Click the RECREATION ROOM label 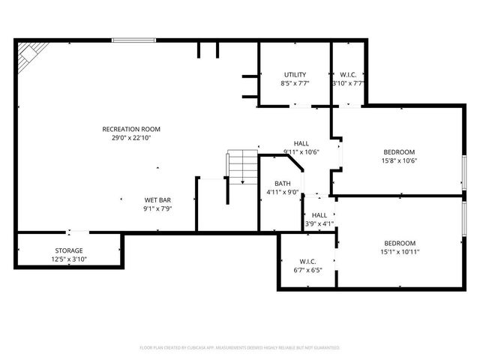click(x=131, y=129)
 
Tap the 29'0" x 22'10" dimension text click(x=131, y=139)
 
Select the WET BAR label click(x=158, y=200)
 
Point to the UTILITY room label click(x=295, y=74)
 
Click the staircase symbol click(x=241, y=167)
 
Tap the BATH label click(x=283, y=183)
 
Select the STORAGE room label click(x=69, y=250)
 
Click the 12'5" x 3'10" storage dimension click(x=69, y=259)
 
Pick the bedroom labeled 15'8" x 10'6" click(x=399, y=151)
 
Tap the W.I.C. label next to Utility click(x=348, y=74)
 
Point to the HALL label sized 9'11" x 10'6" click(x=301, y=143)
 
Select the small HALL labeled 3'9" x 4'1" click(x=319, y=214)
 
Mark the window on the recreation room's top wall click(x=133, y=40)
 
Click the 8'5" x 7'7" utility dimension click(x=295, y=83)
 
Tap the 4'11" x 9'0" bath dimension click(x=283, y=192)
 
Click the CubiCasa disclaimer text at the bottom click(x=240, y=348)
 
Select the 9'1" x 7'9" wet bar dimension click(x=158, y=209)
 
